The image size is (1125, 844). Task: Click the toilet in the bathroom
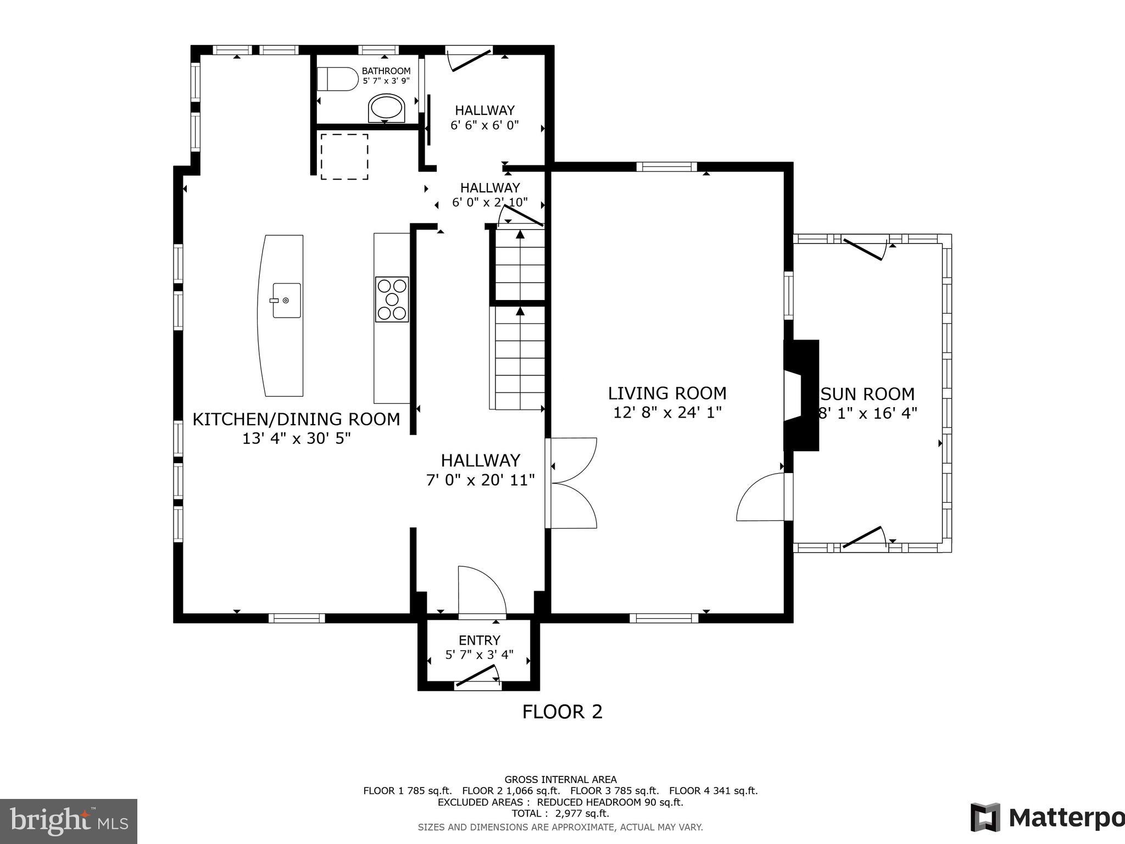[x=337, y=79]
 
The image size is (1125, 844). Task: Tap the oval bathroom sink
[x=386, y=108]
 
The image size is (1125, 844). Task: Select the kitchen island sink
[x=286, y=300]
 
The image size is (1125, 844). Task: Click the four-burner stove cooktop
[x=392, y=299]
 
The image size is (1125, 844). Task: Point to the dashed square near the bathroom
[x=344, y=156]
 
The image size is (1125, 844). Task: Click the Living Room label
[x=667, y=393]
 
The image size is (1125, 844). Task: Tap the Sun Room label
[x=868, y=394]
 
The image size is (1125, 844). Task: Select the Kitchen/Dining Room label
[x=296, y=419]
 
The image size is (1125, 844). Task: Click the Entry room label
[x=480, y=640]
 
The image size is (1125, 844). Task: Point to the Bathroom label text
[x=386, y=71]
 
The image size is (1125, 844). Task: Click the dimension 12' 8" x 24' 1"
[x=667, y=412]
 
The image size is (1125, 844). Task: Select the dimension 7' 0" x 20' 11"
[x=481, y=480]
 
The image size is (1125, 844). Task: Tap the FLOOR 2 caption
[x=562, y=712]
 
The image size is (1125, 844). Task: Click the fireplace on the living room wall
[x=801, y=396]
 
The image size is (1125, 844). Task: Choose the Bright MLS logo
[x=69, y=821]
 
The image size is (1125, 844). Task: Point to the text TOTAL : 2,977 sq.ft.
[x=560, y=813]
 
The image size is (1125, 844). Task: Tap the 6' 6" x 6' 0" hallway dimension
[x=484, y=125]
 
